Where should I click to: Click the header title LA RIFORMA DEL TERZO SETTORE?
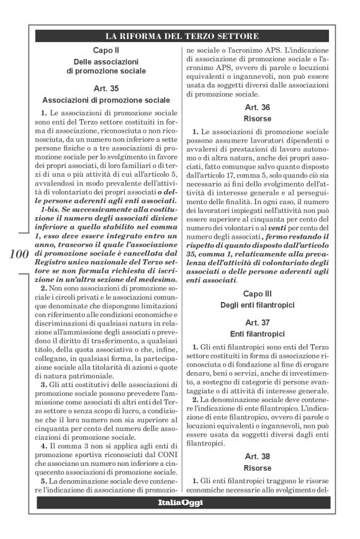181,36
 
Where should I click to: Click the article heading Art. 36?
256,107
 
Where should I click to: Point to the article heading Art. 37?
256,323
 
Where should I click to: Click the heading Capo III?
256,292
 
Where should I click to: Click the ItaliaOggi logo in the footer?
180,503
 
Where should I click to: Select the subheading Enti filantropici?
256,334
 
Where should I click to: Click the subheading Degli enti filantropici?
256,304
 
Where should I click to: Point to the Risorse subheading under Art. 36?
256,118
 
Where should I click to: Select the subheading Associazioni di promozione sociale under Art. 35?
106,100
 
